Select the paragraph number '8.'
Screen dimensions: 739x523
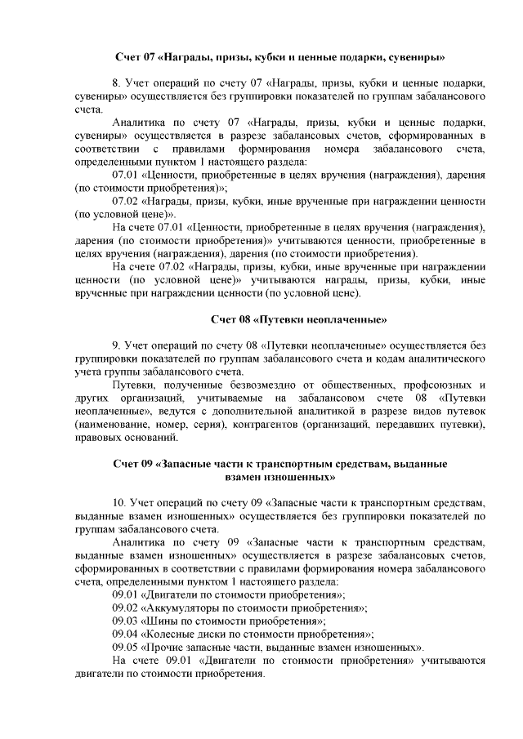point(117,83)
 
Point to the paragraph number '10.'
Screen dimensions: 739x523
point(119,502)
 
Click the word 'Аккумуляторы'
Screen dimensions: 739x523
point(185,608)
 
